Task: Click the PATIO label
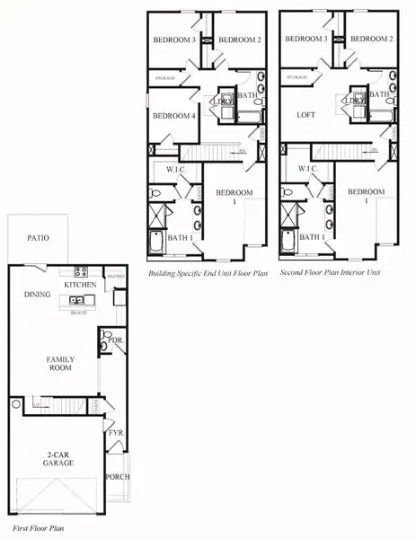click(x=38, y=239)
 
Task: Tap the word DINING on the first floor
click(x=36, y=294)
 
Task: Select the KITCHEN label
click(x=80, y=285)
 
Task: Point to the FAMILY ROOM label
click(x=61, y=364)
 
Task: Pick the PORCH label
click(x=118, y=476)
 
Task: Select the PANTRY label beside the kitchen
click(x=115, y=278)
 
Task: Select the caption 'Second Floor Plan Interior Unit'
click(x=329, y=270)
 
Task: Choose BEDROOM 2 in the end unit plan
click(x=240, y=40)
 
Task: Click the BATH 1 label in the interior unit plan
click(x=312, y=237)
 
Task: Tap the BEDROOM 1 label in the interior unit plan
click(x=367, y=197)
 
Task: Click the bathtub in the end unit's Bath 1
click(x=156, y=243)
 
